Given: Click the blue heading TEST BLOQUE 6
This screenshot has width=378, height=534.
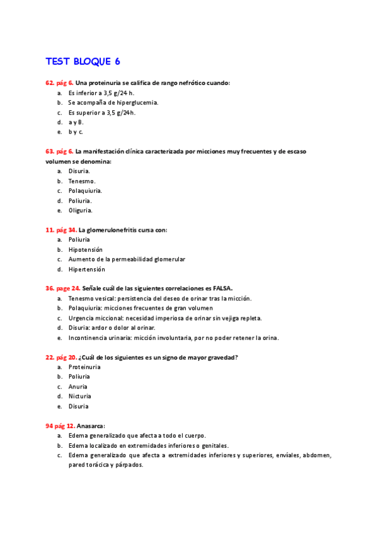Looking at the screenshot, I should (83, 62).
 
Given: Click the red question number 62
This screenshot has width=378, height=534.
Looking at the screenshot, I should (50, 82).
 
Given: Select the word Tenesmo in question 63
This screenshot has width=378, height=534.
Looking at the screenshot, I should (81, 181).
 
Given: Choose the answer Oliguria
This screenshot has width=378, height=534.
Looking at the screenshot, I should (80, 210).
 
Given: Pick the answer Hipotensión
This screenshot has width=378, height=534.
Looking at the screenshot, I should (86, 249).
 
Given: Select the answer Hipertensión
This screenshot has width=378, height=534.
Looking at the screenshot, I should (87, 269).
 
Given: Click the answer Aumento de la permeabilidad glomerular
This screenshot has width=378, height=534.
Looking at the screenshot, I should (127, 259).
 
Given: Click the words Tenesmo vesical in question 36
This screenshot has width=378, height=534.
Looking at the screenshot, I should (93, 298).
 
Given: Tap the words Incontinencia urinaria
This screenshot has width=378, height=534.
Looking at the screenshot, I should (101, 338).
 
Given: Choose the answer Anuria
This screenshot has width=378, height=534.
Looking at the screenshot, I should (78, 387).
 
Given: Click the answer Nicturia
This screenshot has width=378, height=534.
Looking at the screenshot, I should (80, 396).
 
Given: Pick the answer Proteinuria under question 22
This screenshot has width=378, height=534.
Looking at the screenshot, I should (84, 367).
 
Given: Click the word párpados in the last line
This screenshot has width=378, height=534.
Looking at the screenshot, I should (129, 465).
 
